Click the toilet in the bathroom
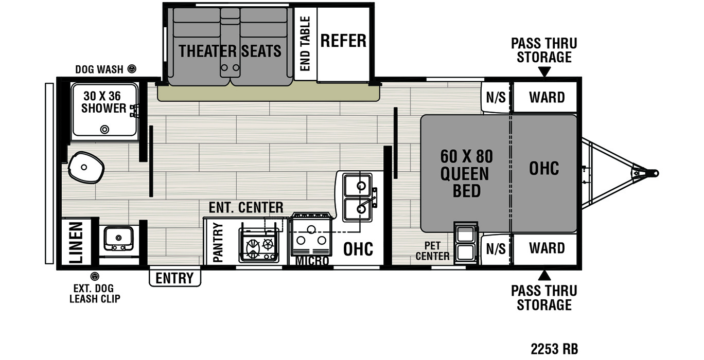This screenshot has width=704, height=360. [x=85, y=168]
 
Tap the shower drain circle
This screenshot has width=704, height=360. [x=104, y=129]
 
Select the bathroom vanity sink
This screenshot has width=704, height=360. [x=119, y=238]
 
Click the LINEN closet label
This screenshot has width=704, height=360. [x=76, y=243]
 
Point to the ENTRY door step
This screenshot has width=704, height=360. [x=175, y=277]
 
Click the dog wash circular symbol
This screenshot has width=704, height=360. [x=132, y=69]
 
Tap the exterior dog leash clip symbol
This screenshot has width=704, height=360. [x=95, y=277]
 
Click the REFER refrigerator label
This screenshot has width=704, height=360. [x=343, y=41]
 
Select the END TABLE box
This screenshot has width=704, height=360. [x=305, y=44]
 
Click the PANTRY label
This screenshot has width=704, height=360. [x=218, y=243]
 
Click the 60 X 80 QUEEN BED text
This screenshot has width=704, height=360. [x=466, y=173]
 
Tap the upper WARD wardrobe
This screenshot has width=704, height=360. [x=545, y=97]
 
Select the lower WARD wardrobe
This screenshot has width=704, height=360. [x=545, y=248]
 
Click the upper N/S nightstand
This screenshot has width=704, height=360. [x=496, y=97]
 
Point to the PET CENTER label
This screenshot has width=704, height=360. [x=432, y=251]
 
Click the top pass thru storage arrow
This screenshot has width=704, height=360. [x=544, y=72]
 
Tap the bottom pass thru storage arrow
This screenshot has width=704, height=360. [x=544, y=275]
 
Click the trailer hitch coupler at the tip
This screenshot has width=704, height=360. [x=654, y=173]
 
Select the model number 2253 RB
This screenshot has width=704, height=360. [x=554, y=349]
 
